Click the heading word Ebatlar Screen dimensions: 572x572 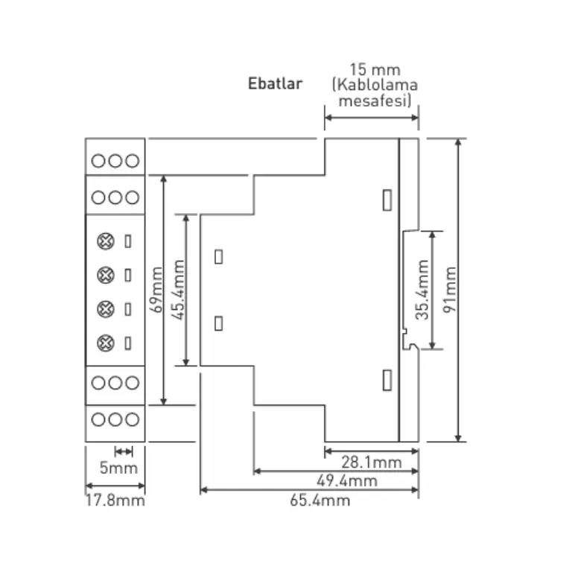click(x=275, y=83)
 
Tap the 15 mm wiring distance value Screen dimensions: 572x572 click(x=375, y=69)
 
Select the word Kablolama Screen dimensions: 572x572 click(x=377, y=85)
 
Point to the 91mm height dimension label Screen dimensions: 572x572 click(x=450, y=290)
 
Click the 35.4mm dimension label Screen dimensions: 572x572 click(x=422, y=290)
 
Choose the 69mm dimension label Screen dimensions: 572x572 click(x=156, y=290)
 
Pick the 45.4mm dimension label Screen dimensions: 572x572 click(x=179, y=290)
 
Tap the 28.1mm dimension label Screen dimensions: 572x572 click(x=372, y=463)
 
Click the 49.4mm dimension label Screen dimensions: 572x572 click(x=347, y=481)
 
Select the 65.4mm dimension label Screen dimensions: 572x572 click(x=320, y=500)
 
